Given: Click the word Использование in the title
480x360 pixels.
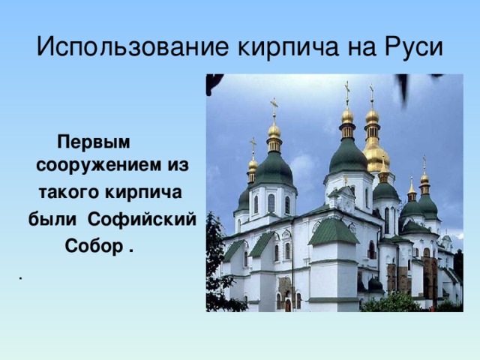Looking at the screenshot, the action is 133,47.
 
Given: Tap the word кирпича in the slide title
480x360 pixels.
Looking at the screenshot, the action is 288,47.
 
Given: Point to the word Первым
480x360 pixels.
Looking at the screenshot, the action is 94,142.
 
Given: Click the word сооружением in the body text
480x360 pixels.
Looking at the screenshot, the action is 98,165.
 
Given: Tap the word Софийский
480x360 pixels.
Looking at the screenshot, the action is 142,219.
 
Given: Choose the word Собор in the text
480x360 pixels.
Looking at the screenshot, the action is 93,245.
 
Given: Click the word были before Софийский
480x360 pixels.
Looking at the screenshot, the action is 52,219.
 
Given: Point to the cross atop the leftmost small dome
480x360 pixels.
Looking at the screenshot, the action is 253,145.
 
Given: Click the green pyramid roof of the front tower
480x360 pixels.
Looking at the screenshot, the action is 333,232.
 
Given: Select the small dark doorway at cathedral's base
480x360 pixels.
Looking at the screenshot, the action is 288,305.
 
